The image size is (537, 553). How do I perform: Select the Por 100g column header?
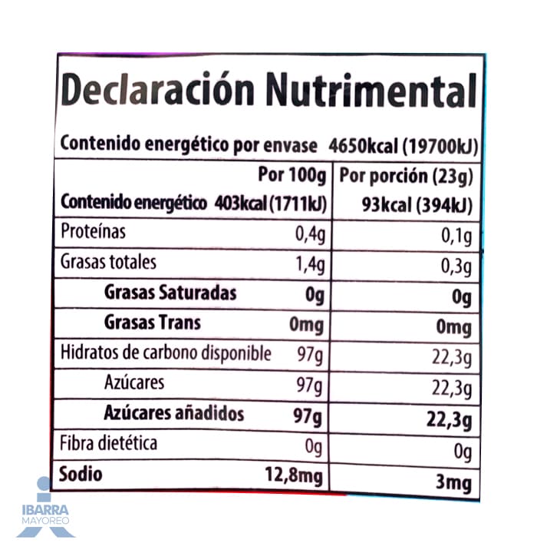click(x=292, y=175)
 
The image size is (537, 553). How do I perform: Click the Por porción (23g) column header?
click(x=406, y=176)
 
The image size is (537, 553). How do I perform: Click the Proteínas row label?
click(x=93, y=232)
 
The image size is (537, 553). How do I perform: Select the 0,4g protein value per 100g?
click(x=310, y=233)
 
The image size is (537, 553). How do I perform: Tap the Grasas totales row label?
click(x=108, y=262)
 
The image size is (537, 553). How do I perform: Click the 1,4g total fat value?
click(x=310, y=264)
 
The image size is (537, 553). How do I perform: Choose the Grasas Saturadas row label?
click(x=170, y=293)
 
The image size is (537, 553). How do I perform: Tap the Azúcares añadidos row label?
click(x=173, y=414)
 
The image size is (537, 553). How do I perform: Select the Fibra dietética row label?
click(x=109, y=444)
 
